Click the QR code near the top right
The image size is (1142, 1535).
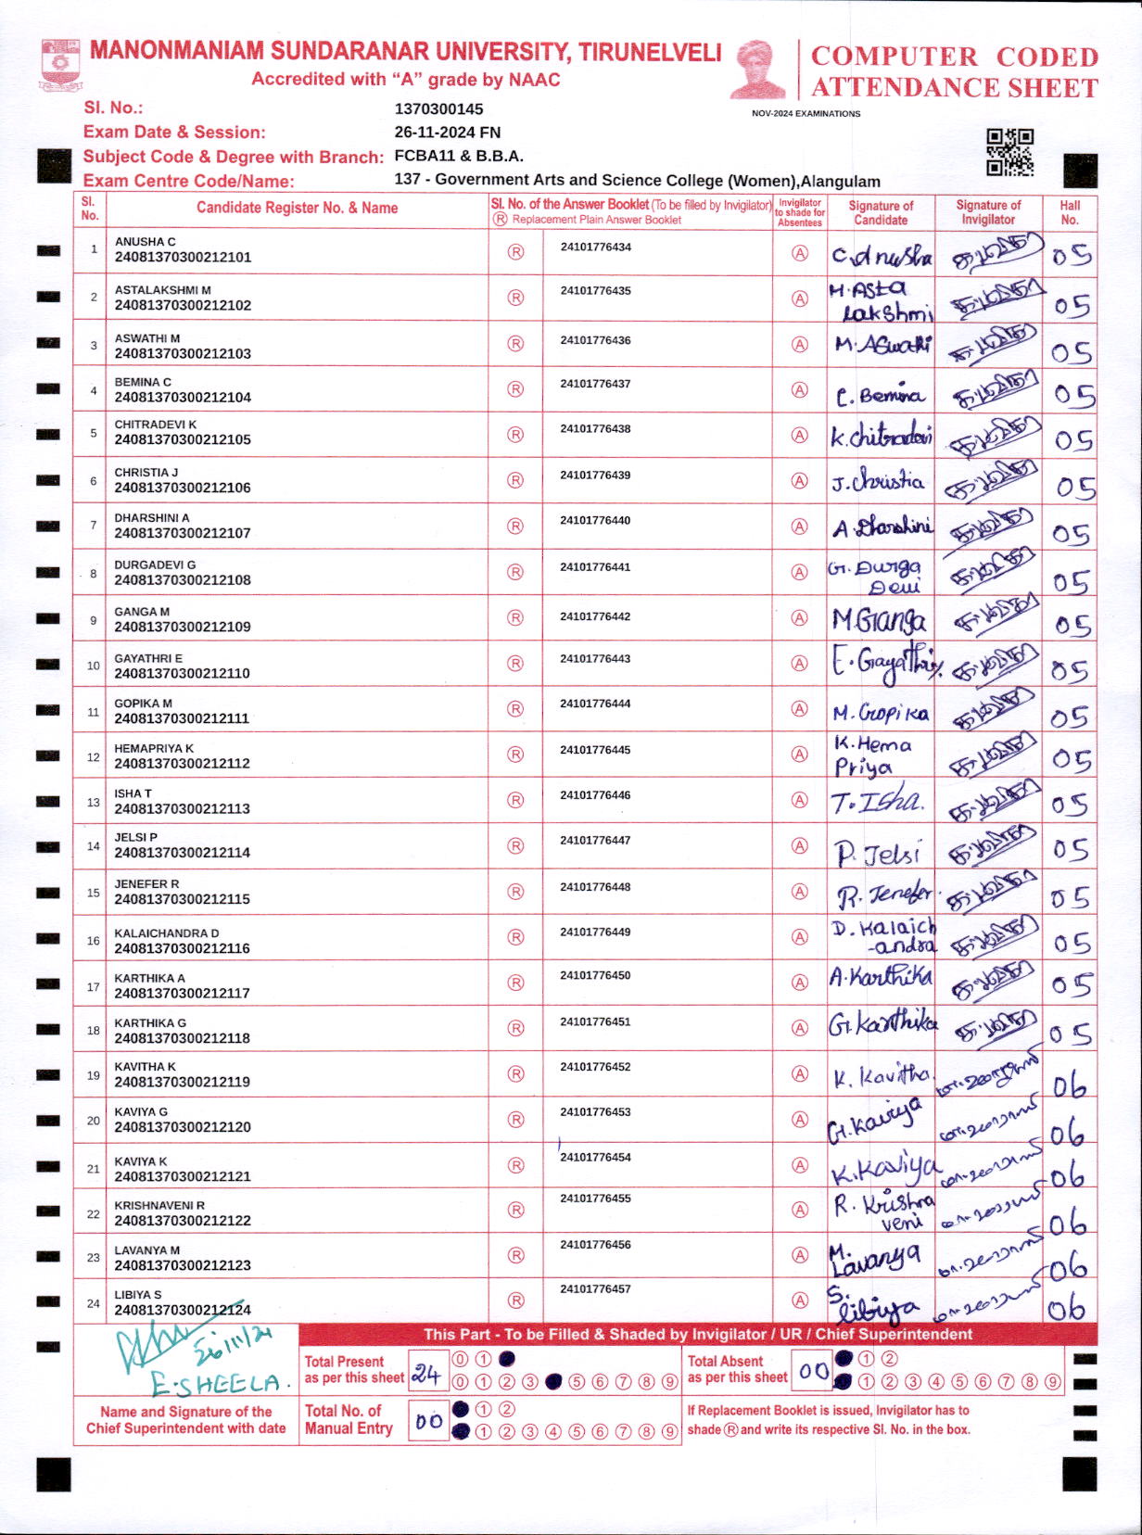point(1009,152)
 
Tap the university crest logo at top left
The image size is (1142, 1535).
point(60,64)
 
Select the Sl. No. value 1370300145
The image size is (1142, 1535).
point(438,109)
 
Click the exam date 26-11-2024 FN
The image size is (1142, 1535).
point(447,133)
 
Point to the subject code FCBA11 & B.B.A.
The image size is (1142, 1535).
point(459,156)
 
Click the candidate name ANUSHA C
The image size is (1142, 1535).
point(145,242)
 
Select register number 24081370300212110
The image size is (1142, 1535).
point(183,674)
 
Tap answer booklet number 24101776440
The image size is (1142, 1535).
point(595,521)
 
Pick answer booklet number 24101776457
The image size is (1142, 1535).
point(595,1289)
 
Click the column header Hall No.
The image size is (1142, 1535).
point(1070,212)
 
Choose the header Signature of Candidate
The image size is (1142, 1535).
point(881,212)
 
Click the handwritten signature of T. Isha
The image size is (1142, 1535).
point(877,803)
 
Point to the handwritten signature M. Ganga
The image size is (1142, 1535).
point(879,620)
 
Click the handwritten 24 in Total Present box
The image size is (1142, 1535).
point(426,1374)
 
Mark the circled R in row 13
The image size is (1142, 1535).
point(516,800)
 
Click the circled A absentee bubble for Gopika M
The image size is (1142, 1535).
point(799,709)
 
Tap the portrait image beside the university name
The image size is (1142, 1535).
point(757,69)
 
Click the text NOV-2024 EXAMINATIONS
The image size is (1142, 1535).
point(806,114)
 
